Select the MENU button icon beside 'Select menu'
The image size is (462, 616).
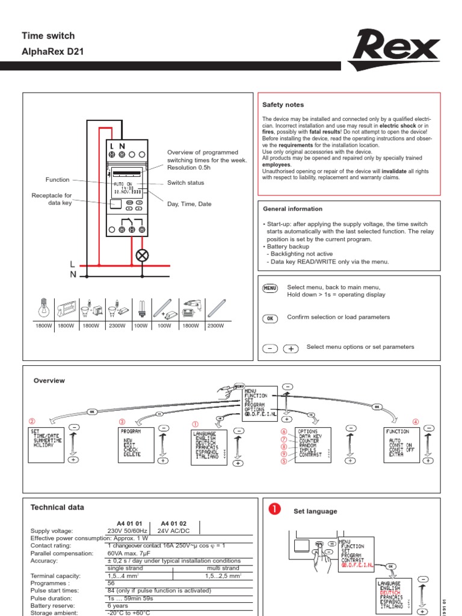click(x=271, y=289)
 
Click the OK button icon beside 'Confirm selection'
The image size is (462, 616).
click(x=271, y=318)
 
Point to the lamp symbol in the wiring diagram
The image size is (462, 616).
click(x=143, y=255)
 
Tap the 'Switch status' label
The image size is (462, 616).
click(x=185, y=183)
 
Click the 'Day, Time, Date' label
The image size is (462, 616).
click(x=189, y=204)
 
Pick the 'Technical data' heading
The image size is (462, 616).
click(x=58, y=508)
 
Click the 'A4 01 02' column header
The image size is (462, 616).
click(x=169, y=523)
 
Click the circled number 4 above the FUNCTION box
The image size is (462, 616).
click(x=415, y=421)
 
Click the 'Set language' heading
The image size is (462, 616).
click(x=315, y=511)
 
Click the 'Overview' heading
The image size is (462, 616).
click(x=49, y=381)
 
